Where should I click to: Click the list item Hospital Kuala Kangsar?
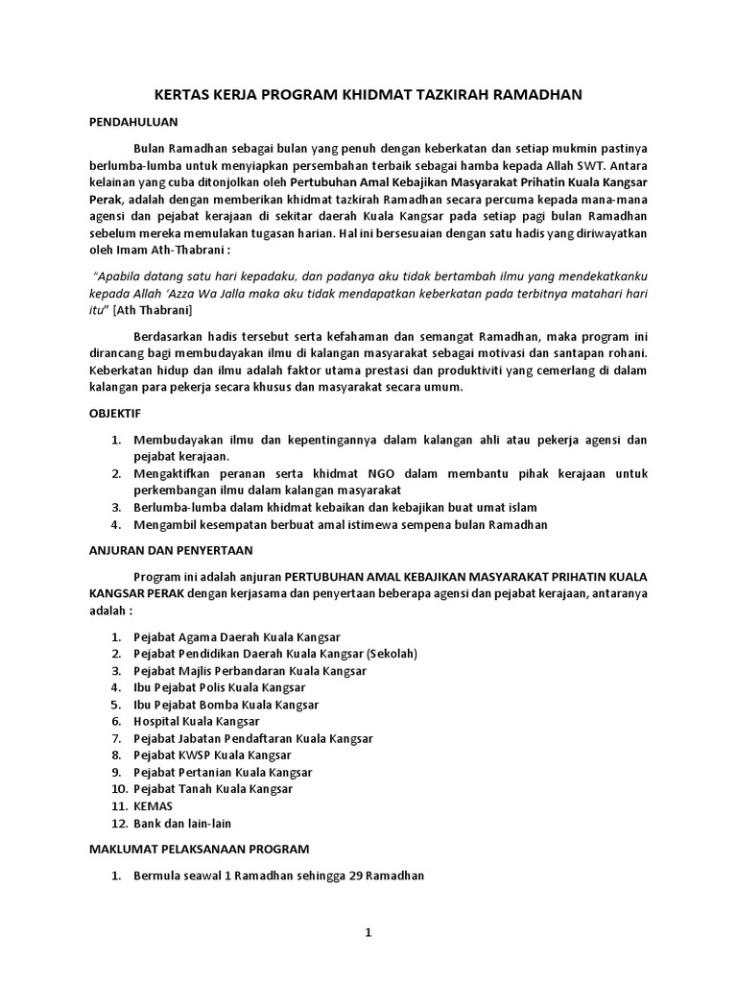coord(197,721)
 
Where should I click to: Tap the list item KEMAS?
coord(154,806)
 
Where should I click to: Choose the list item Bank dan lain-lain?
coord(182,824)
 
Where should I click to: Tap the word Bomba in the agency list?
coord(218,705)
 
